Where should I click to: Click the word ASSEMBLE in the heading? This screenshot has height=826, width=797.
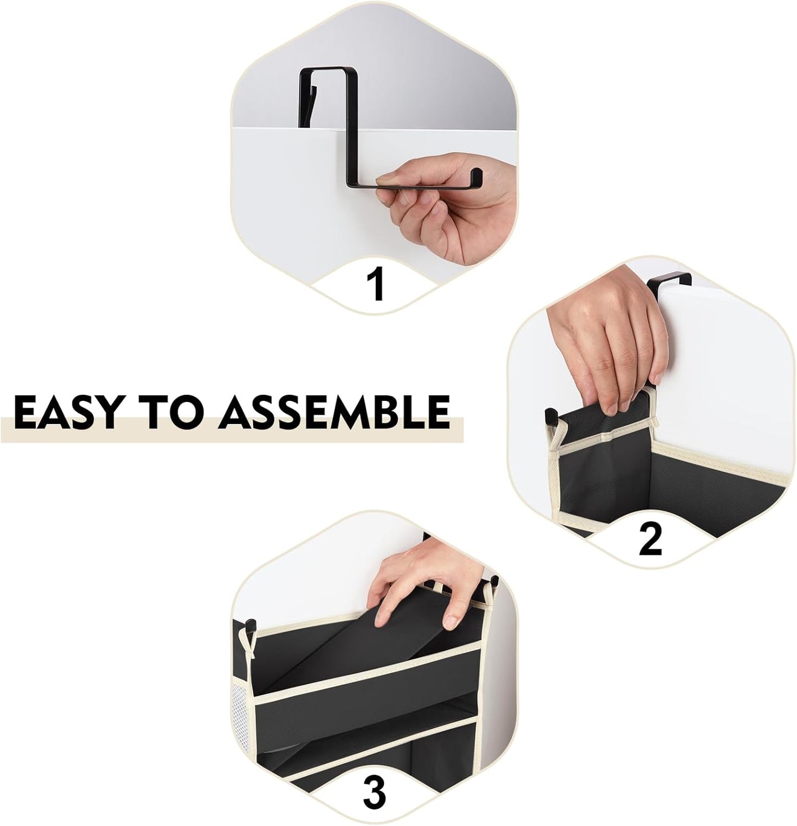point(334,412)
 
